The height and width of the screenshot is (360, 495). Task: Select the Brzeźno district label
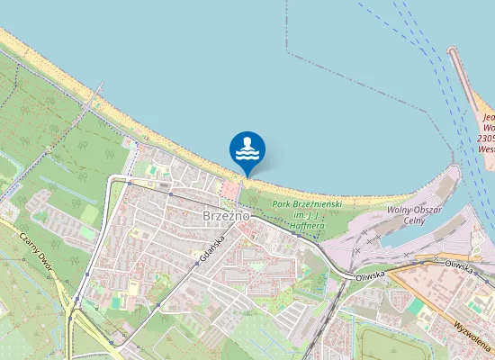(x=226, y=216)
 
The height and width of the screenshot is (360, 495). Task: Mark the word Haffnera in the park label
(x=308, y=226)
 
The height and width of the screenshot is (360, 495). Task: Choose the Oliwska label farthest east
(x=458, y=265)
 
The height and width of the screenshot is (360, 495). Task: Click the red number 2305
(x=486, y=139)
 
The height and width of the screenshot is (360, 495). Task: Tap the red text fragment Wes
(x=487, y=149)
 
